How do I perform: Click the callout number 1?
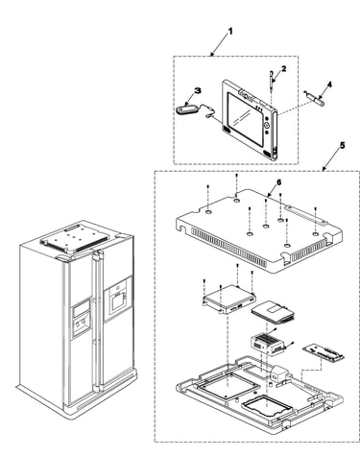pos(230,31)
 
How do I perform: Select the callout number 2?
pos(284,68)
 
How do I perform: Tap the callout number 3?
pos(198,90)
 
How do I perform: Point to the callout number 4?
pos(329,84)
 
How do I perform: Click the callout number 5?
pos(343,145)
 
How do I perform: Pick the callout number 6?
pos(278,181)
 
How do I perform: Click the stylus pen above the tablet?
pos(272,82)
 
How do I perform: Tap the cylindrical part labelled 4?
pos(318,100)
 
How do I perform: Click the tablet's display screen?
pos(246,118)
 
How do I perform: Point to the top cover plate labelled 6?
pos(259,231)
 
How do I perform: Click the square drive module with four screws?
pos(229,300)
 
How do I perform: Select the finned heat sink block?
pos(267,344)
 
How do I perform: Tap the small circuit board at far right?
pos(324,352)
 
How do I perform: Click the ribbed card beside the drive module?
pos(273,312)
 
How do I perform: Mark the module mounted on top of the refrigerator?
pos(78,239)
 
